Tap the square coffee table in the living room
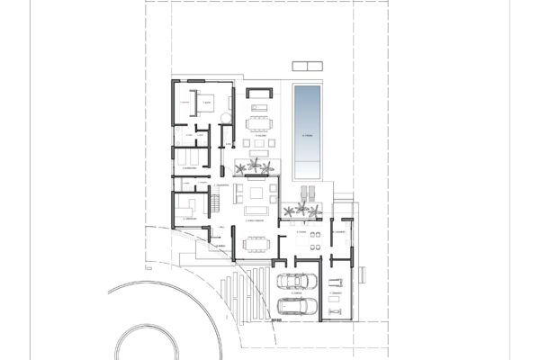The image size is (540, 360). pos(257,193)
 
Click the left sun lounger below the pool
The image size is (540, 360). pos(303,192)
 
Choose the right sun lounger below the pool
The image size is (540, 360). pos(314,192)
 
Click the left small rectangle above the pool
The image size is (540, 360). pos(300,65)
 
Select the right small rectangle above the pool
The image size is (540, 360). pos(314,65)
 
